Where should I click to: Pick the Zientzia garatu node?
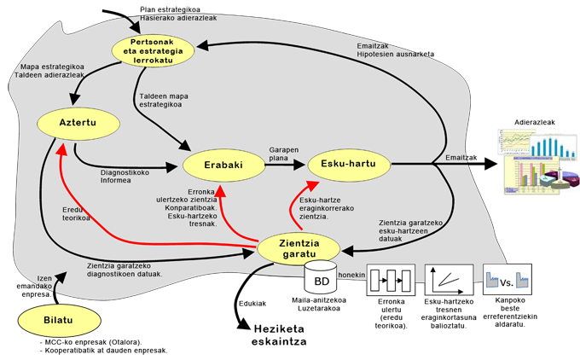[x=299, y=247]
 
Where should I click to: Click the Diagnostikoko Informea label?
[x=125, y=176]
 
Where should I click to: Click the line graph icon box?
[x=449, y=278]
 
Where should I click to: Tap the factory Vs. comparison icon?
[x=507, y=278]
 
